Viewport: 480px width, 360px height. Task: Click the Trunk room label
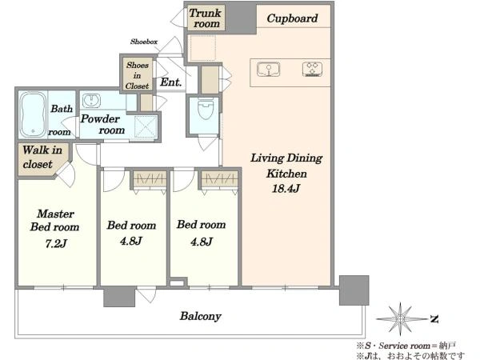coord(205,18)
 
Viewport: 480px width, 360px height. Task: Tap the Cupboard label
coord(292,18)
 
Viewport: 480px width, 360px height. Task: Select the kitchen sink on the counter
coord(269,70)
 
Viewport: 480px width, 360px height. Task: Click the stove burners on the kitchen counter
coord(312,70)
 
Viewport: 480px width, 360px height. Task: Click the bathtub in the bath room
coord(33,114)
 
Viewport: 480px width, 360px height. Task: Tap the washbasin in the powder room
coord(91,101)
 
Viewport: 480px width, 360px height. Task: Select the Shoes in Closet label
coord(137,76)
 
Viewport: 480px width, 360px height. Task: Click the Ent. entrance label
coord(170,82)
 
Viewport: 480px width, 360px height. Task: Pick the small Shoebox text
coord(144,42)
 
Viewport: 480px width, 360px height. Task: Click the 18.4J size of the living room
coord(286,188)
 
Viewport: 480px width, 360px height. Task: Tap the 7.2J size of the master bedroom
coord(56,244)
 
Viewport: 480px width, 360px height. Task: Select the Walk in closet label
coord(42,157)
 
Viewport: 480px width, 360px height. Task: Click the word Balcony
coord(200,316)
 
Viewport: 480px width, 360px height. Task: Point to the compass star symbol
coord(400,319)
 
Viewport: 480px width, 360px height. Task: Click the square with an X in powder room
coord(146,127)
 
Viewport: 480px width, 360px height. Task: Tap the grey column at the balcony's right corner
coord(354,290)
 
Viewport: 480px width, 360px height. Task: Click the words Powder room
coord(102,124)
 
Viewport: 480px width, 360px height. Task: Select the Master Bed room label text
coord(54,220)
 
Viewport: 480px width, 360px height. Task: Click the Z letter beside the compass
coord(434,319)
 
